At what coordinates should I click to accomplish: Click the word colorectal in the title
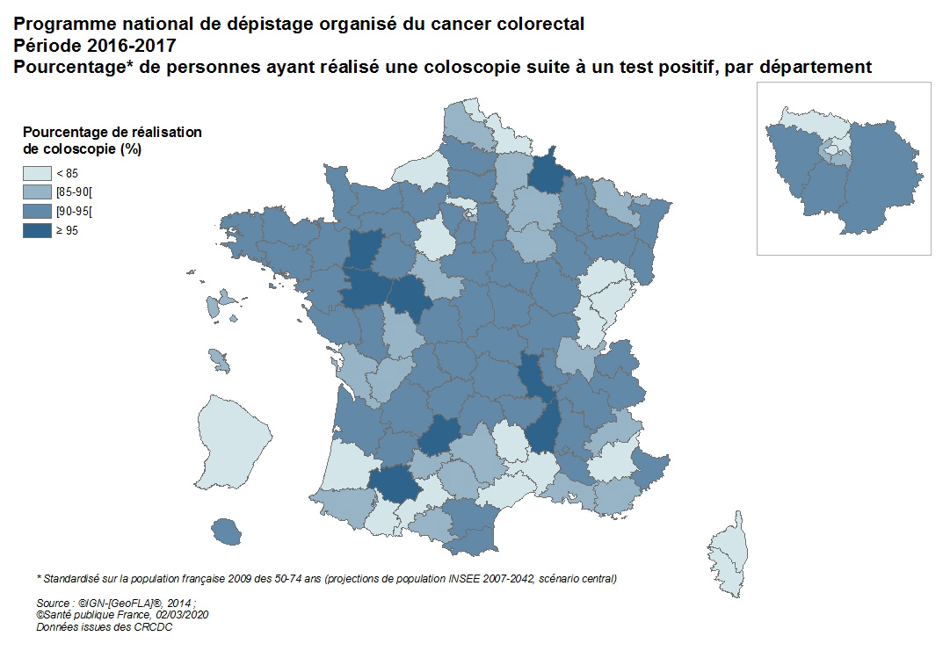(538, 24)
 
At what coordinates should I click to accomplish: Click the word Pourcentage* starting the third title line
(68, 67)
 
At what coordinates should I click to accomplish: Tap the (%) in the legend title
(132, 149)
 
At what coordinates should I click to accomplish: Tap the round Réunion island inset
(228, 531)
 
